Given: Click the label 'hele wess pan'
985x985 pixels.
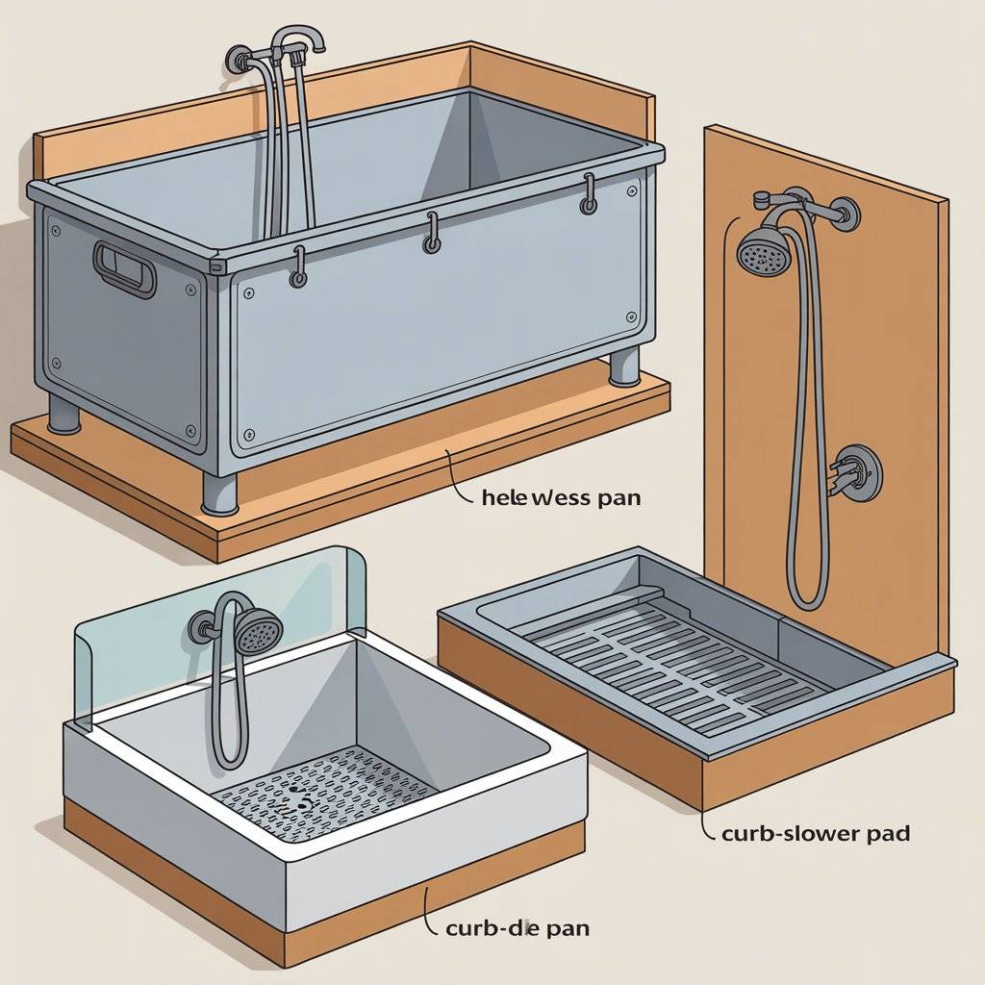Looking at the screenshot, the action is pos(562,498).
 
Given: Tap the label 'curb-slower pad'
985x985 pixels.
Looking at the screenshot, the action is pos(816,834).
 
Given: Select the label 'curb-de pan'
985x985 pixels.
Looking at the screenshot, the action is pos(518,928).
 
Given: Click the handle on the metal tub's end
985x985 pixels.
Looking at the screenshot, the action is pos(124,269).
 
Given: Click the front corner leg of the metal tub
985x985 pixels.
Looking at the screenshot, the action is pos(219,494).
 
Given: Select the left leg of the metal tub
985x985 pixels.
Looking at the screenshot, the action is pos(64,416).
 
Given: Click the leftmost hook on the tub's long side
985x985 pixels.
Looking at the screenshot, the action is pos(299,268).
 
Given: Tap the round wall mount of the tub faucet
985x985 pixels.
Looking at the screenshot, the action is pos(238,60).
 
